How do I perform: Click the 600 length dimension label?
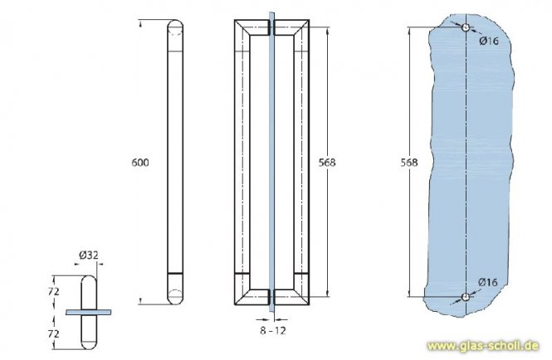[x=140, y=163]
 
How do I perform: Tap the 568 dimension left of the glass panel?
[x=407, y=163]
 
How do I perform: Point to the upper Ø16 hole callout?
[x=489, y=41]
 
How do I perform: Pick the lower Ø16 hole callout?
[x=489, y=284]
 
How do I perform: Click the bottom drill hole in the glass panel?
[x=467, y=296]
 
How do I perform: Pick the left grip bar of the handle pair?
[x=242, y=162]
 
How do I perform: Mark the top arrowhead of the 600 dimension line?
[x=140, y=22]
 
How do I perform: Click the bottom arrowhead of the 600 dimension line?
[x=140, y=304]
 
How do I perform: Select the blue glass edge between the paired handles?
[x=271, y=162]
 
